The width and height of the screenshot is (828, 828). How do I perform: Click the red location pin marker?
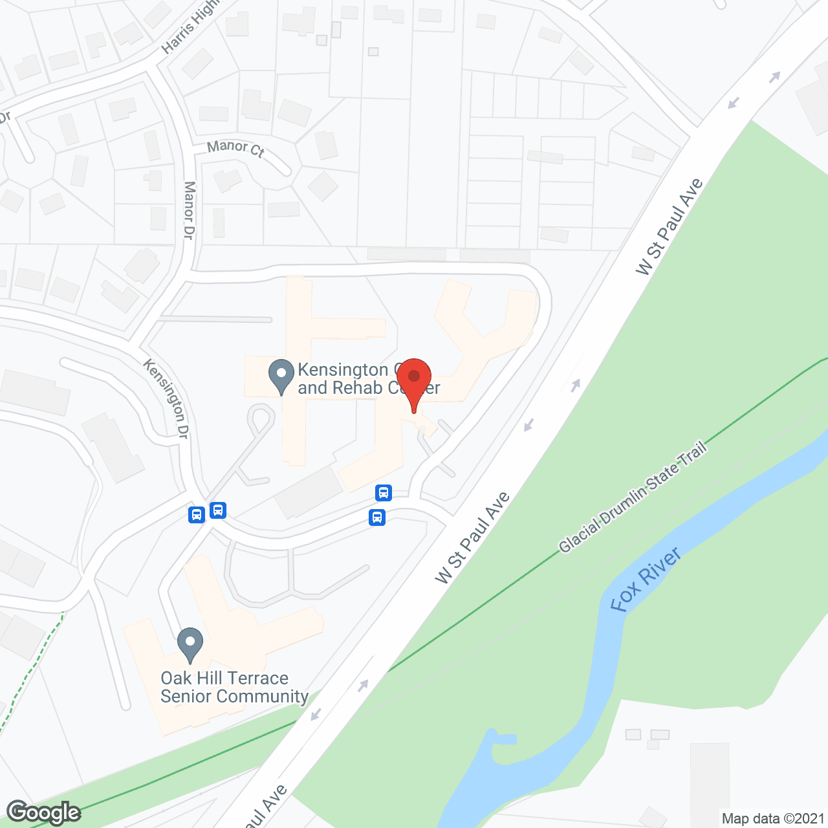413,378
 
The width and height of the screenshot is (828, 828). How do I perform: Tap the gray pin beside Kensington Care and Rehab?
281,375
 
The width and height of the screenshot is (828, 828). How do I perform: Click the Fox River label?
645,580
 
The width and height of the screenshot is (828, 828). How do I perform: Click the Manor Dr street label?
189,210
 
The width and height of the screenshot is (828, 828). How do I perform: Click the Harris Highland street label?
191,27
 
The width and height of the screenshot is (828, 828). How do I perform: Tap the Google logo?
43,812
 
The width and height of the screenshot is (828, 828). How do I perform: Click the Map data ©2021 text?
773,818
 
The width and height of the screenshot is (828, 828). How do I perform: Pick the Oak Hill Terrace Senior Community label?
234,687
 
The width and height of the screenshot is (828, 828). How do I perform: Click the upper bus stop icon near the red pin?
384,493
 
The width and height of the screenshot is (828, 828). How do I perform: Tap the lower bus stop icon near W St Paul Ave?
377,517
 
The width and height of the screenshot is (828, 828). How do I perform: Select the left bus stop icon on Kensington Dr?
197,515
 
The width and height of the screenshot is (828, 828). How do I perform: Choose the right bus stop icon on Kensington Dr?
218,510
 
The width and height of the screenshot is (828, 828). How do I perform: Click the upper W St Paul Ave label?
669,226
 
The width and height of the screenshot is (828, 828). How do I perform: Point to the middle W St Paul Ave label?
473,538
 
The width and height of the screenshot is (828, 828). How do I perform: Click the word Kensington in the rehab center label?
343,370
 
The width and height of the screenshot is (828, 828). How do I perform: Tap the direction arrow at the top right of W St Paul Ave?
774,78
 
